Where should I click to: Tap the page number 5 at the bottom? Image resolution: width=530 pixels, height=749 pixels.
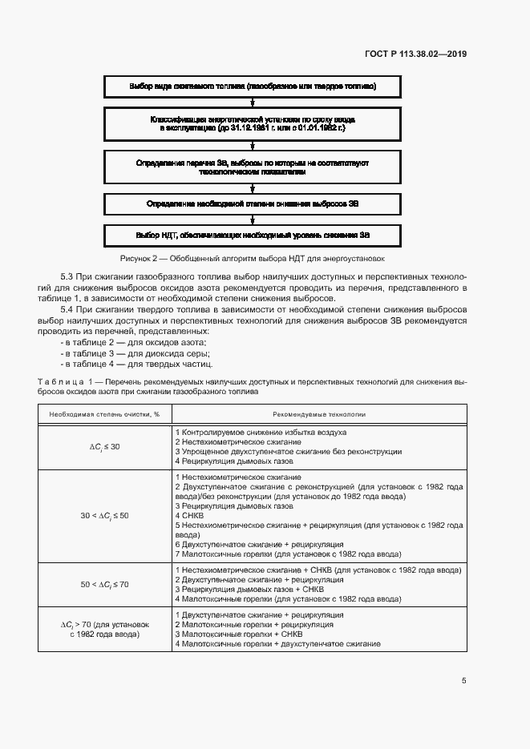tap(463, 681)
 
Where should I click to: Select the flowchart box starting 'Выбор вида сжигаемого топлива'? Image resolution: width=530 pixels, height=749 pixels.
tap(253, 86)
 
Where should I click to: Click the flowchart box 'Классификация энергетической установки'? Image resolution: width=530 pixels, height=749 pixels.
tap(253, 123)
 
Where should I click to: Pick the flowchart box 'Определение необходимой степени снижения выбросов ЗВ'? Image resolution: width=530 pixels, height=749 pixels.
tap(253, 204)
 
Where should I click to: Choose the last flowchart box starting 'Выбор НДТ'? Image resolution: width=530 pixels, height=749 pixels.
tap(253, 236)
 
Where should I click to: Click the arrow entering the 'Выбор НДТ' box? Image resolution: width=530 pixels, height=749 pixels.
tap(253, 220)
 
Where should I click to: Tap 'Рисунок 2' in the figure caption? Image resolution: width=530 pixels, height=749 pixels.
tap(140, 259)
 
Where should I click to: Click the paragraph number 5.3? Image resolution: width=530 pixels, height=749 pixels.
tap(68, 276)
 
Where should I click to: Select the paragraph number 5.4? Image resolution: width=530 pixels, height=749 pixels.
tap(68, 310)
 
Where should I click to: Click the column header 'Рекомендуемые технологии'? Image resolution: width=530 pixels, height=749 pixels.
tap(319, 415)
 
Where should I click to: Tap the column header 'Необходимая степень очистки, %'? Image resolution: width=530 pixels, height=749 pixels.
tap(105, 415)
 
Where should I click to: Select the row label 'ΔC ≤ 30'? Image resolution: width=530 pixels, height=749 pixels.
tap(105, 446)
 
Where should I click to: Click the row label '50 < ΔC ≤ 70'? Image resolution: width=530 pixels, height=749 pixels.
tap(105, 584)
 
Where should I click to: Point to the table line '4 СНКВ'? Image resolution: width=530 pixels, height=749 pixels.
tap(189, 516)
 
